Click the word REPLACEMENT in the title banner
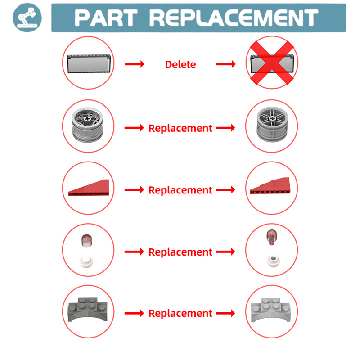[x=233, y=18]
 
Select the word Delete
[x=180, y=64]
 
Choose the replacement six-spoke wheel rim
[x=272, y=125]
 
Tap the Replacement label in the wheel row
[x=180, y=128]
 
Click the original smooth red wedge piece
[x=88, y=188]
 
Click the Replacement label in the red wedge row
[x=180, y=190]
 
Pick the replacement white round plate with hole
[x=271, y=260]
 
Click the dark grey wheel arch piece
[x=89, y=310]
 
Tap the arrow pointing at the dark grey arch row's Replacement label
[x=134, y=313]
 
